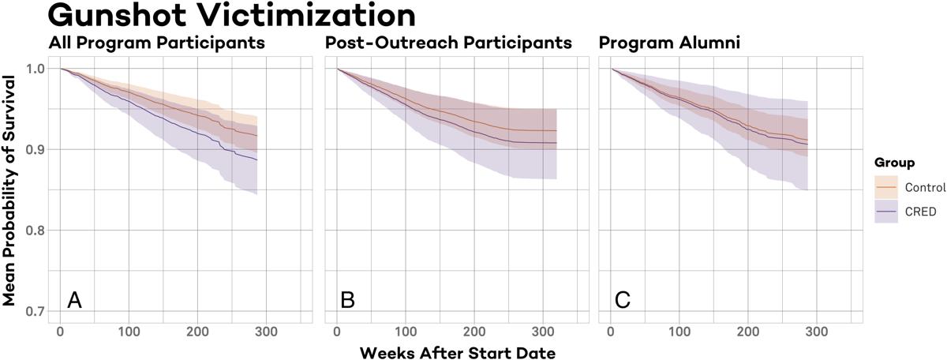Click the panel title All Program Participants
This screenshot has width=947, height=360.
[x=156, y=43]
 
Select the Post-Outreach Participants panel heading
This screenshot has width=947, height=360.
[x=448, y=43]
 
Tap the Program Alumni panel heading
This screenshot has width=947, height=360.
[x=669, y=43]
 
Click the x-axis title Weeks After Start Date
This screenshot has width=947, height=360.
[x=458, y=352]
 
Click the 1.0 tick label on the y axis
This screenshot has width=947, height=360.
[x=35, y=69]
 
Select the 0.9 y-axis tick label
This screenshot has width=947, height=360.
[x=35, y=149]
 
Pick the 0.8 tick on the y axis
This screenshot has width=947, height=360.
[x=35, y=231]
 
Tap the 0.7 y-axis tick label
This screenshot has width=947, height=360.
[x=35, y=311]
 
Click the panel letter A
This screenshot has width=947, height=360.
[x=74, y=301]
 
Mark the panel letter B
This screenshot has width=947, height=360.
[x=348, y=301]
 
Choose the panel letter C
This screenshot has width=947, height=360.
[x=623, y=301]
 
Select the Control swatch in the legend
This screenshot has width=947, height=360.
[x=886, y=188]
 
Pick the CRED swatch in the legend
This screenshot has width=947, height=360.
[x=886, y=211]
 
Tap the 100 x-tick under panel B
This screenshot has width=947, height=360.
[x=405, y=331]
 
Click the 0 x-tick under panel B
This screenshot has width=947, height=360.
[x=337, y=331]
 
